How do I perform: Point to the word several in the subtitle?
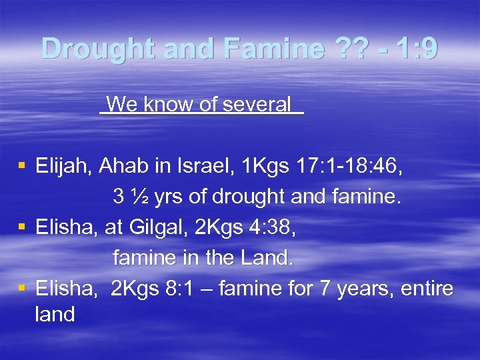coord(258,104)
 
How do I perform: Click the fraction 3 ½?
coord(127,197)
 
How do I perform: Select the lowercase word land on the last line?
coord(55,315)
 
